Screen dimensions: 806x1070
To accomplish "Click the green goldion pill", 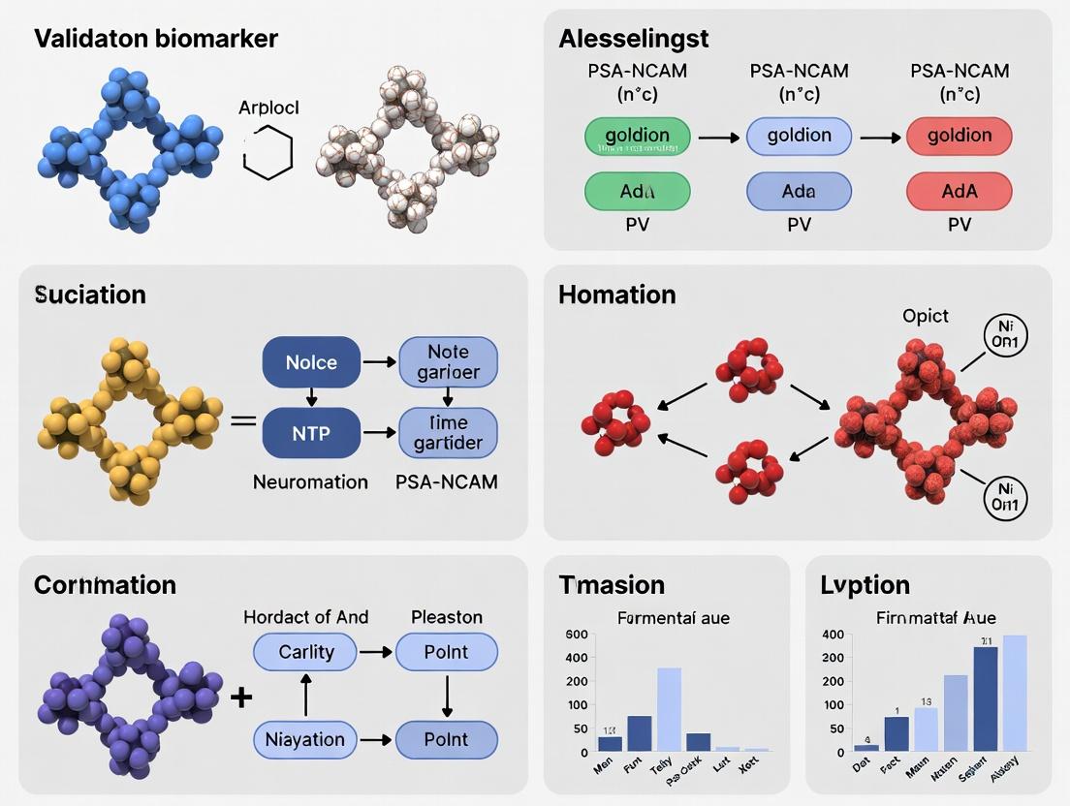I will coord(638,137).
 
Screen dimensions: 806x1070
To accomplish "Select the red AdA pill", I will coord(959,192).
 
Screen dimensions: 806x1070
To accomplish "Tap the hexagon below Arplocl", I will coord(267,155).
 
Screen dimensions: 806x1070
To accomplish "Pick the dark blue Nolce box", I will coord(311,362).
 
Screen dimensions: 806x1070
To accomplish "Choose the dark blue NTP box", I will coord(311,432).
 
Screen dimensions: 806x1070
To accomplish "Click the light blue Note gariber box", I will coord(448,362).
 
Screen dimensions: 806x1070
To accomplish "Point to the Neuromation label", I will coord(310,481).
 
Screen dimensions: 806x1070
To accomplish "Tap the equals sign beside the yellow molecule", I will coord(243,421).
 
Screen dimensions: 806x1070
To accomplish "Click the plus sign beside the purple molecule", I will coord(241,697).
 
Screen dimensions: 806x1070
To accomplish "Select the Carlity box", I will coord(305,652).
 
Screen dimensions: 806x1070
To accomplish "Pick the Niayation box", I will coord(305,740).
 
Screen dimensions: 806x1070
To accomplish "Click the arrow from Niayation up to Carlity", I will coord(306,696).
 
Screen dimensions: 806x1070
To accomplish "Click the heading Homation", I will coord(616,294).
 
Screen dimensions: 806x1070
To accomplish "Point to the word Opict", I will coord(926,316).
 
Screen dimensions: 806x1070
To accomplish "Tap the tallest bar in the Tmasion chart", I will coord(669,709).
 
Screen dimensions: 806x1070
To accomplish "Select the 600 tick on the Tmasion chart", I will coord(577,635).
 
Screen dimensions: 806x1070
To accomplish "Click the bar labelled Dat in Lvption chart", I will coord(866,747).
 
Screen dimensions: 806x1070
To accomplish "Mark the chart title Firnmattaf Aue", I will coord(935,617).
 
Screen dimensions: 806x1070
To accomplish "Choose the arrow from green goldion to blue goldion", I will coord(719,138).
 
